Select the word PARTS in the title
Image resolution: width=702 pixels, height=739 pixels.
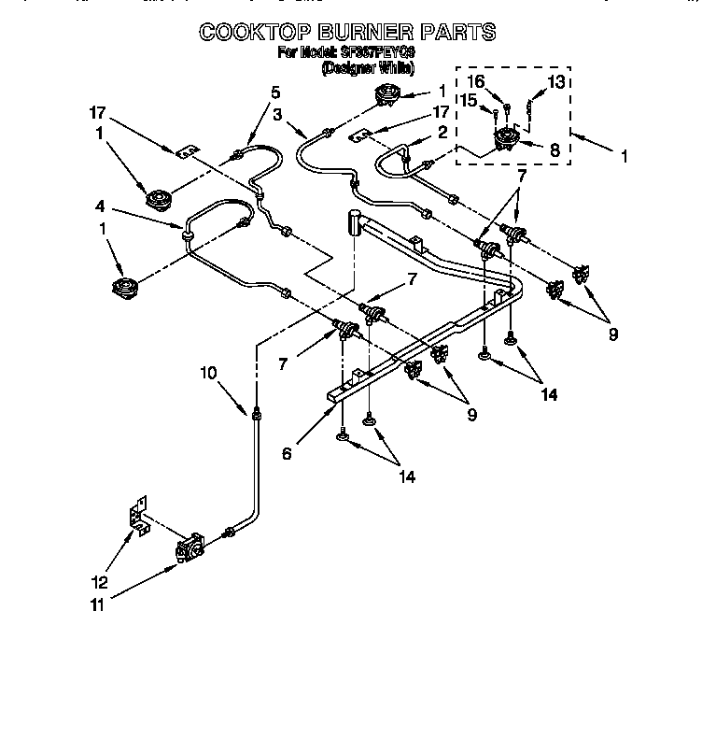[x=455, y=32]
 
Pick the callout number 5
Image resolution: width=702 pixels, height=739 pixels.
[x=275, y=92]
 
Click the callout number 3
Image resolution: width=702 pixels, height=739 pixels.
[x=277, y=114]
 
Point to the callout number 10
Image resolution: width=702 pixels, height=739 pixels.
[x=207, y=373]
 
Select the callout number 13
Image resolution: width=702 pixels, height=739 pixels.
[x=556, y=82]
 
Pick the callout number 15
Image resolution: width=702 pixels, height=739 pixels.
[x=469, y=100]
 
